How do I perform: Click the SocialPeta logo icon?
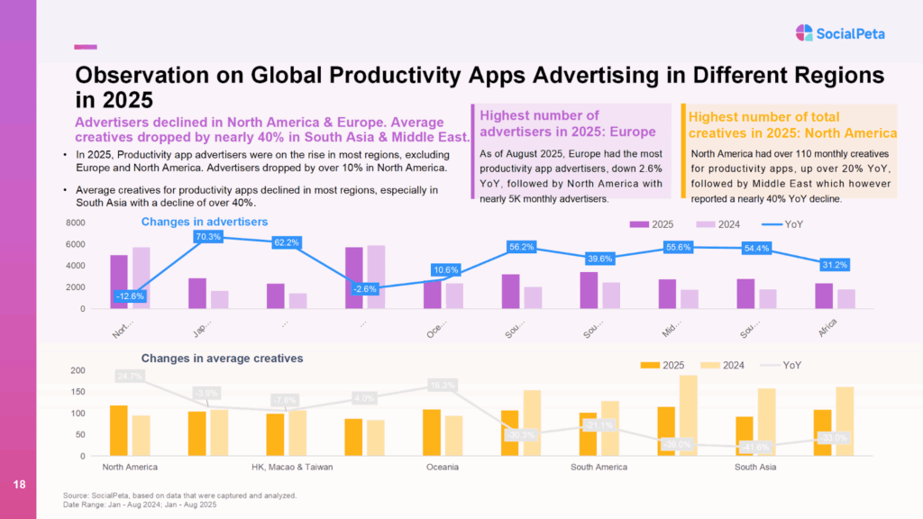(804, 33)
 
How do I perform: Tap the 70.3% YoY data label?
(209, 237)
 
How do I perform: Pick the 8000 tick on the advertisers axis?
(75, 223)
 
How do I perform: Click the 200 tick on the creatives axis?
(78, 370)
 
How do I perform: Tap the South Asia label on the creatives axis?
(754, 468)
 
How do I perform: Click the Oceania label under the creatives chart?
(442, 468)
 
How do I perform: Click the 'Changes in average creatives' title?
(222, 358)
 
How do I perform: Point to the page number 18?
(18, 486)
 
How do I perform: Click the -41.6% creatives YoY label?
(755, 447)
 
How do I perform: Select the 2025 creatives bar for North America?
(118, 431)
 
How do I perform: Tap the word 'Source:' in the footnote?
(77, 496)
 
